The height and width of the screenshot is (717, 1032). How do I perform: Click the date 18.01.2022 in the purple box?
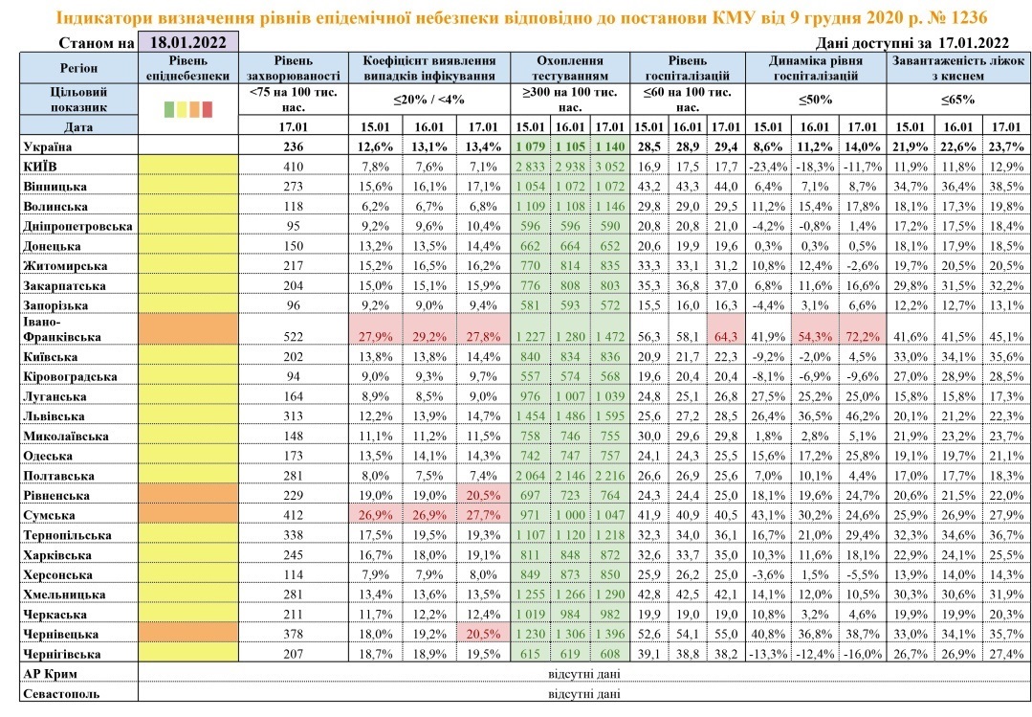[x=188, y=43]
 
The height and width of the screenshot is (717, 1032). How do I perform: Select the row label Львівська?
[x=54, y=416]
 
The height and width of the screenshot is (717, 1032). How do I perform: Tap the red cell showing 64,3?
[x=726, y=336]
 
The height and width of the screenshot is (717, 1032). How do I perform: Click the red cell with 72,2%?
[x=862, y=336]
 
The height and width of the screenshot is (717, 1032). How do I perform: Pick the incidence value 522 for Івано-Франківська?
[x=293, y=337]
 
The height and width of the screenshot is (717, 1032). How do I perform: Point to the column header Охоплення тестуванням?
[x=570, y=68]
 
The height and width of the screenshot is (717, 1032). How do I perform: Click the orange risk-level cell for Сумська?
[x=188, y=515]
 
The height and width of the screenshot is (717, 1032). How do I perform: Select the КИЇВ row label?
[x=40, y=166]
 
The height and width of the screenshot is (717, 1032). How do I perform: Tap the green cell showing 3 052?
[x=610, y=166]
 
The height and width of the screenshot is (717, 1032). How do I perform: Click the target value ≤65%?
[x=957, y=101]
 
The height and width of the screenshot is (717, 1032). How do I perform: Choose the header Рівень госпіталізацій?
[x=688, y=68]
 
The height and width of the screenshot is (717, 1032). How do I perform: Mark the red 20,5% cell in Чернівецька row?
[x=482, y=634]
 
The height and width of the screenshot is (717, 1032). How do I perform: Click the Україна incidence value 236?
[x=293, y=146]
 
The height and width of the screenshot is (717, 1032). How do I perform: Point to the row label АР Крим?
[x=50, y=674]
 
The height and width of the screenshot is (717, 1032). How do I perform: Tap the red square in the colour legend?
[x=208, y=109]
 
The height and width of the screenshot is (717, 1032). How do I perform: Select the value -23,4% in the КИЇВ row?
[x=768, y=166]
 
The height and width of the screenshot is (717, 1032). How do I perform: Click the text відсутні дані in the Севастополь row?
[x=583, y=694]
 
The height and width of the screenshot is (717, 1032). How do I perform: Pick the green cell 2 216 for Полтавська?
[x=610, y=476]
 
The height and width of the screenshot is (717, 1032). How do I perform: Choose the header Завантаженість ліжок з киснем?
[x=957, y=68]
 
